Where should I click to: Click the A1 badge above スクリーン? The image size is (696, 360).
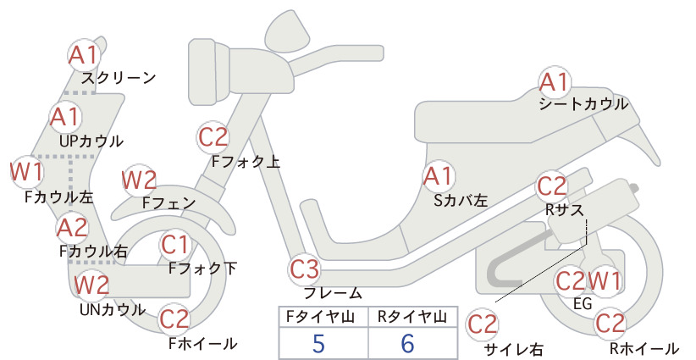pyautogui.click(x=84, y=56)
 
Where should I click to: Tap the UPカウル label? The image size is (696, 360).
pyautogui.click(x=91, y=141)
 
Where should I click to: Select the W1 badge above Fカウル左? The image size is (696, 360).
pyautogui.click(x=27, y=172)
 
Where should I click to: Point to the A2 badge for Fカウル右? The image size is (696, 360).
pyautogui.click(x=73, y=228)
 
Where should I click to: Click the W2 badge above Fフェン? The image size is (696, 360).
pyautogui.click(x=140, y=180)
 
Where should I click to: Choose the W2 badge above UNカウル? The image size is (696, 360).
pyautogui.click(x=91, y=285)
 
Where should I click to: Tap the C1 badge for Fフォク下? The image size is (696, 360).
pyautogui.click(x=175, y=245)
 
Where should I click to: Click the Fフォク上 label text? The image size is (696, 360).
pyautogui.click(x=246, y=161)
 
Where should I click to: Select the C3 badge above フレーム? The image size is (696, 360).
pyautogui.click(x=304, y=269)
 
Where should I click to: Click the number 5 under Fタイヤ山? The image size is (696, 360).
pyautogui.click(x=318, y=343)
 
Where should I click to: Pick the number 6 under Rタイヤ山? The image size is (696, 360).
pyautogui.click(x=407, y=343)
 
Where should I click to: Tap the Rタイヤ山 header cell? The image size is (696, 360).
pyautogui.click(x=412, y=317)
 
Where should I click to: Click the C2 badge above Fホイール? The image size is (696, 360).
pyautogui.click(x=174, y=318)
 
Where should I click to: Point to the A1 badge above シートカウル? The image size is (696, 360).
pyautogui.click(x=555, y=82)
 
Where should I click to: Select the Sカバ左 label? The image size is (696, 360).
pyautogui.click(x=461, y=201)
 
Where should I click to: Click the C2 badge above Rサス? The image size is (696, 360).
pyautogui.click(x=552, y=186)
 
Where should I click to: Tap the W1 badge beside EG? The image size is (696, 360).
pyautogui.click(x=605, y=280)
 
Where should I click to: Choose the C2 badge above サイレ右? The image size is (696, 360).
pyautogui.click(x=482, y=324)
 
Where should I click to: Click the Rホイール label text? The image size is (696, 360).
pyautogui.click(x=644, y=349)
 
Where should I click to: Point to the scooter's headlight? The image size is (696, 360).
pyautogui.click(x=208, y=71)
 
